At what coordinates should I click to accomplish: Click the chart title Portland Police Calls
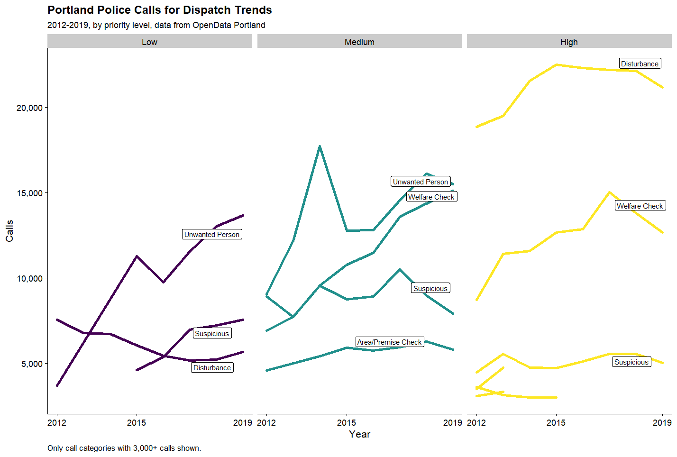(159, 10)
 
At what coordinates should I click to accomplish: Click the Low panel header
(149, 42)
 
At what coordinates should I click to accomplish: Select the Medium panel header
(359, 42)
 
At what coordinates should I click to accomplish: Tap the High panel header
(569, 42)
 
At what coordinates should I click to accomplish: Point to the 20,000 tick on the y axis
(29, 108)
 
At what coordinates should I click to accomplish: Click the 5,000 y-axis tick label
(32, 364)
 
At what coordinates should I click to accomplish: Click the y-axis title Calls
(9, 231)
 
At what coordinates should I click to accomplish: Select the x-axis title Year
(359, 434)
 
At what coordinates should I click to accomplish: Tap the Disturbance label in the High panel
(640, 64)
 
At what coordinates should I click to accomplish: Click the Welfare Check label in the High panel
(640, 206)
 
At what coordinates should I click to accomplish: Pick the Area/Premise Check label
(389, 342)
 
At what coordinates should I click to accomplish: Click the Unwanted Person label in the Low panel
(212, 234)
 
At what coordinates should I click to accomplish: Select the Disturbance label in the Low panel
(212, 367)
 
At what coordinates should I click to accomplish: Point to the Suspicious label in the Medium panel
(430, 288)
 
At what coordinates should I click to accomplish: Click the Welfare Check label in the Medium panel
(431, 197)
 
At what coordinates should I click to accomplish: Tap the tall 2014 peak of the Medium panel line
(320, 146)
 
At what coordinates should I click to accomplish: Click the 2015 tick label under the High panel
(556, 422)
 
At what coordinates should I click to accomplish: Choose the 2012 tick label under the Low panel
(57, 422)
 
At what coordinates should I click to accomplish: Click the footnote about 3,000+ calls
(124, 448)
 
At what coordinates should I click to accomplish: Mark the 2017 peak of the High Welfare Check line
(609, 192)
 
